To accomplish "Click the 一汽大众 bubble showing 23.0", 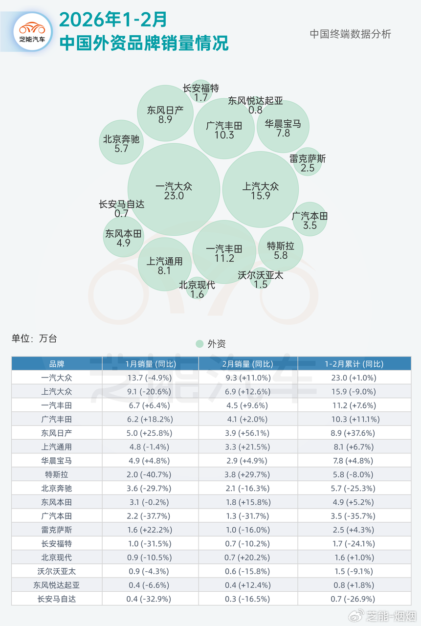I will click(174, 190).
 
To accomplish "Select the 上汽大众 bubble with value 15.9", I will click(261, 190).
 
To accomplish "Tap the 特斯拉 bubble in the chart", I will click(281, 250).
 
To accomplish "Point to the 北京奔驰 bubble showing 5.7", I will click(121, 142).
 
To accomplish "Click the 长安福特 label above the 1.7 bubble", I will click(200, 89).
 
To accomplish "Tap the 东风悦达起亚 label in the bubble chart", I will click(255, 101).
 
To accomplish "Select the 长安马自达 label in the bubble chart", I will click(121, 204).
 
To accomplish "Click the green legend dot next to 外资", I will click(199, 344).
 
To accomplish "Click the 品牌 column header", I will click(57, 364).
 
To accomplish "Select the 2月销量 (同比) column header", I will click(248, 364).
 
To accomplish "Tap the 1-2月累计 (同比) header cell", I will click(354, 364).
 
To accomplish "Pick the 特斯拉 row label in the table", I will click(57, 474).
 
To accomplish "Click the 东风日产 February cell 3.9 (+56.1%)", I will click(248, 433).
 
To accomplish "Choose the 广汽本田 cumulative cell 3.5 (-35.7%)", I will click(354, 516).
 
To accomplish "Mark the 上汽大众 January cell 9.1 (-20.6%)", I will click(150, 392).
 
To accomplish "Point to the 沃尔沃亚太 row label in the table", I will click(57, 571).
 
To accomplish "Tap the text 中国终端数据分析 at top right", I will click(350, 34).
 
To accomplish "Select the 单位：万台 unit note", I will click(34, 338).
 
